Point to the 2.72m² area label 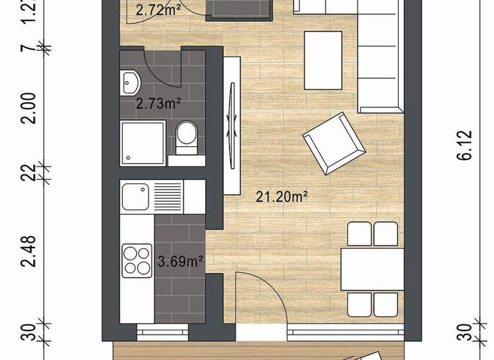158,9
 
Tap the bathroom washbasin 131,82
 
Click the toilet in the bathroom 187,136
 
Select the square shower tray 142,141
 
